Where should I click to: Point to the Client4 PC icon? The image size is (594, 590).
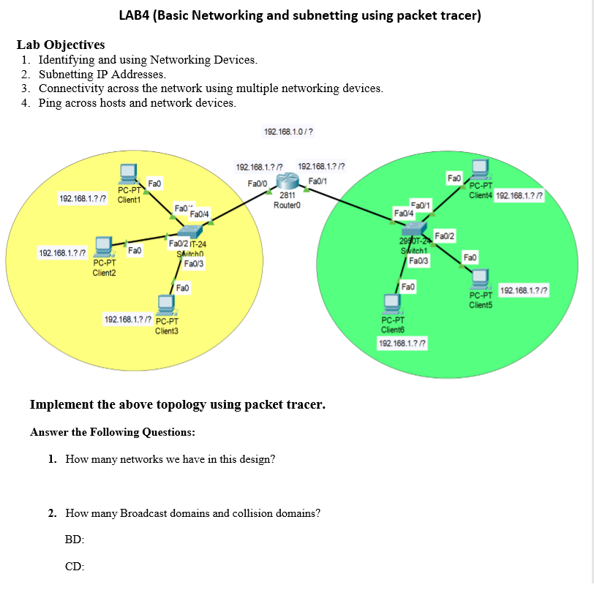[x=481, y=170]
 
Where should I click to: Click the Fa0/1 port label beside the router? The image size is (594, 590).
[x=318, y=181]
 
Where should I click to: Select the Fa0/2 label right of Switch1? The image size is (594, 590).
[x=445, y=235]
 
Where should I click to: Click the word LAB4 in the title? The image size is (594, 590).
[x=134, y=15]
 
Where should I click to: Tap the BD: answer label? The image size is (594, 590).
[x=75, y=539]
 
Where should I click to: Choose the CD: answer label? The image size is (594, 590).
[x=75, y=565]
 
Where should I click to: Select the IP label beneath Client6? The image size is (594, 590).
[x=402, y=343]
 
